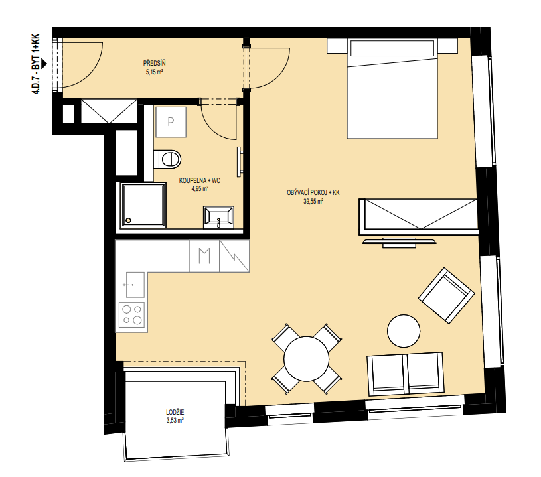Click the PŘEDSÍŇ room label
click(x=154, y=64)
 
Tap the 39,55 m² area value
click(x=313, y=202)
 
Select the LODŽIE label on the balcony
click(x=175, y=412)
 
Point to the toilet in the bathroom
click(x=167, y=159)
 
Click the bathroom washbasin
click(x=219, y=217)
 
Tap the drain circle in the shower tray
click(x=129, y=220)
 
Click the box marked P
click(x=171, y=122)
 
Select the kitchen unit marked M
click(x=204, y=256)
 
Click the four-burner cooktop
click(x=132, y=314)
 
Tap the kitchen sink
click(x=135, y=285)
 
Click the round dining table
click(x=307, y=359)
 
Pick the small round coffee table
click(x=404, y=331)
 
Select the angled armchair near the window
click(x=447, y=296)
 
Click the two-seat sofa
click(x=406, y=374)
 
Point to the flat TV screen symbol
click(x=399, y=241)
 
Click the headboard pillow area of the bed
click(x=392, y=48)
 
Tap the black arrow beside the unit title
click(x=43, y=64)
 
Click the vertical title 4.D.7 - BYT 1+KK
click(x=36, y=64)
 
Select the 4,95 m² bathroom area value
click(x=200, y=188)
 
